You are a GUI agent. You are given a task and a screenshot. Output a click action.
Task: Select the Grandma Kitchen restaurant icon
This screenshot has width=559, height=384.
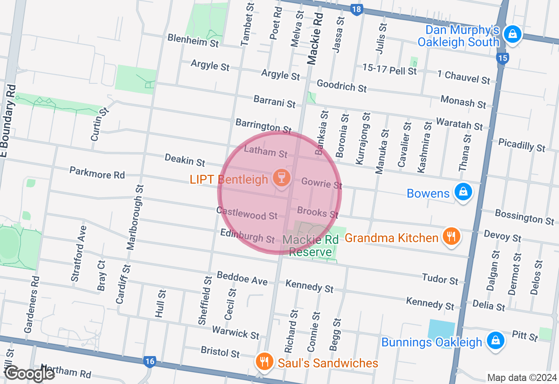pos(451,237)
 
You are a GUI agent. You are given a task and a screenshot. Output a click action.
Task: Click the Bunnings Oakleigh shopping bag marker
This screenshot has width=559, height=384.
pos(495,340)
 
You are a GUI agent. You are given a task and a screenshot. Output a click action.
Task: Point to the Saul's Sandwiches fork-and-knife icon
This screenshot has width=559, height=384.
pos(263,362)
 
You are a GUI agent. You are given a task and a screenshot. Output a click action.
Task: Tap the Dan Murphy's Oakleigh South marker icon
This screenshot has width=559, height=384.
pos(512,34)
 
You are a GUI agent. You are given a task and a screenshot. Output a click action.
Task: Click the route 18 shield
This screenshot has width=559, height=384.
pos(357,9)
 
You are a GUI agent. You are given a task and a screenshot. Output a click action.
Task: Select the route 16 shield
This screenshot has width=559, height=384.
pos(149,361)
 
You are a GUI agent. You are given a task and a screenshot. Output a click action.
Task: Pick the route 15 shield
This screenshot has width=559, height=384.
pos(503,58)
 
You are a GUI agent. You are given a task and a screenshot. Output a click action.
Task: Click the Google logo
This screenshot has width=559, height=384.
pos(30,374)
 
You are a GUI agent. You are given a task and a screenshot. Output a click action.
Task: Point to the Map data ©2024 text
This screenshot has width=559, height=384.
pos(522,377)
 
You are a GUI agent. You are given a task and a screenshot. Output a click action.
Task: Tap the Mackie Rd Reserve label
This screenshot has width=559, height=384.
pos(310,246)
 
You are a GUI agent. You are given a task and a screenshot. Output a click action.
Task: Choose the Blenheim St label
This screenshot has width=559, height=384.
pos(193,41)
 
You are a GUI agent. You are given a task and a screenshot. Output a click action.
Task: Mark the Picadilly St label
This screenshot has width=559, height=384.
pos(521,145)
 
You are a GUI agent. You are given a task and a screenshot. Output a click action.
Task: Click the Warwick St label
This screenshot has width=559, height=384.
pos(235,332)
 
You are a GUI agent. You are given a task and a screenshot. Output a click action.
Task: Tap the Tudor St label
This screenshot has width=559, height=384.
pos(440,278)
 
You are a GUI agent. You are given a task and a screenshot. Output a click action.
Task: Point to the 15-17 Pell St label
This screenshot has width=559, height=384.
pos(390,69)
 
